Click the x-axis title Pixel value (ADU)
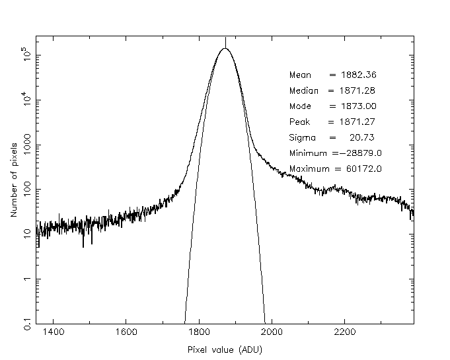224,349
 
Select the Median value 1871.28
353,90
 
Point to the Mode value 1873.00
353,106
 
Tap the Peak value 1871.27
353,122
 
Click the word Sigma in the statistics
302,138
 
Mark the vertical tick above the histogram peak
225,42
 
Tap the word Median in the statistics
304,90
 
